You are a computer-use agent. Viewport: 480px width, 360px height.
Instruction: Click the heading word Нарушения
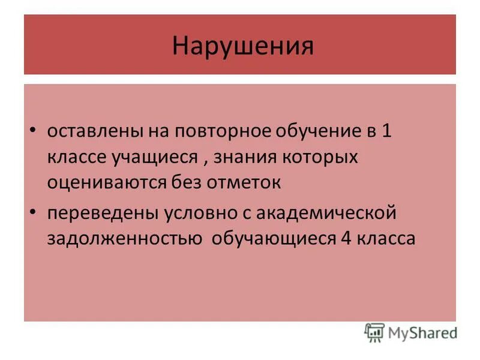242,46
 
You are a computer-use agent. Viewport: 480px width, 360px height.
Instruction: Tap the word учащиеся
154,157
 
